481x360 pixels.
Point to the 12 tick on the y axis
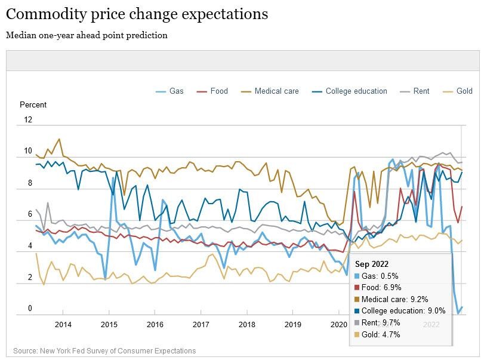tap(27, 120)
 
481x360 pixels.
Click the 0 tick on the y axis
tap(29, 309)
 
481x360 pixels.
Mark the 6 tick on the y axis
tap(29, 214)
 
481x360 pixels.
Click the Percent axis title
tap(33, 105)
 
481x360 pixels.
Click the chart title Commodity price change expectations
tap(137, 14)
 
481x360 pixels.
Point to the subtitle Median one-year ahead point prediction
tap(87, 35)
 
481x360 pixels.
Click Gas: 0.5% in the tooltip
tap(380, 276)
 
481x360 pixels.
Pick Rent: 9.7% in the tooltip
tap(381, 323)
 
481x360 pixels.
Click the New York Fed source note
tap(104, 351)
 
